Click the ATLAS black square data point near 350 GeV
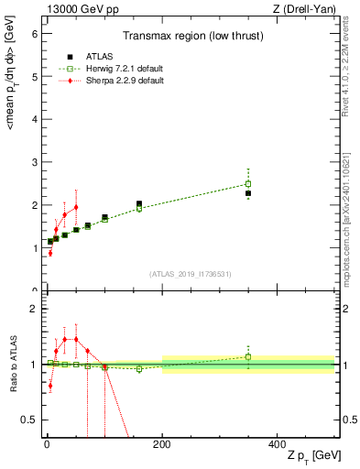click(248, 193)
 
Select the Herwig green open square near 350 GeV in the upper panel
click(248, 183)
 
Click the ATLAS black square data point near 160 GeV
click(139, 204)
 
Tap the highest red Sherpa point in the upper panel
click(76, 207)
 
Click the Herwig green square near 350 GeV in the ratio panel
click(248, 357)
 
